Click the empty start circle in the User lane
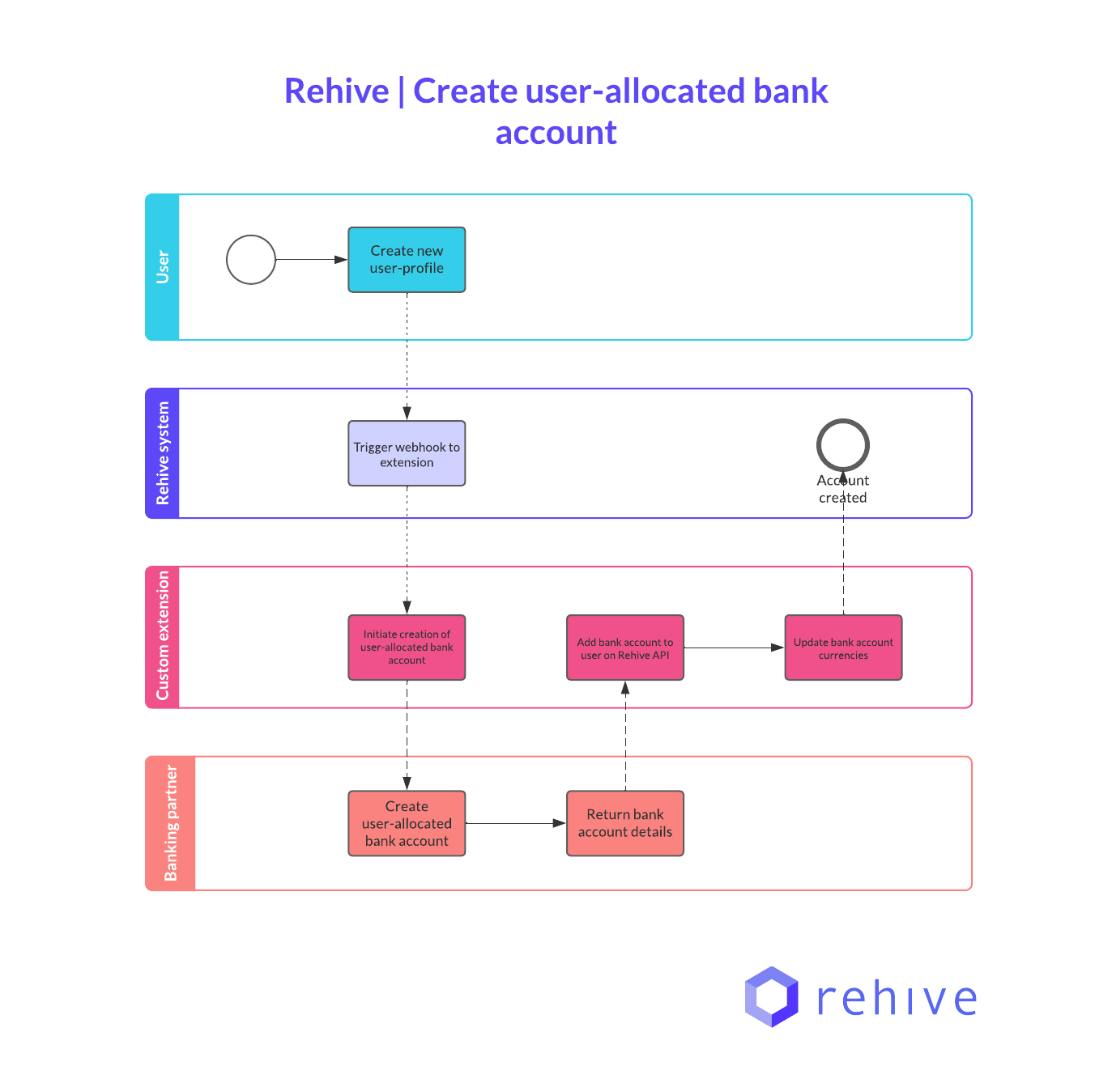pyautogui.click(x=251, y=260)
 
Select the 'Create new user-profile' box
pyautogui.click(x=407, y=260)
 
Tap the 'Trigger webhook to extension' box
pyautogui.click(x=407, y=453)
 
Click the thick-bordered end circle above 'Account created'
pyautogui.click(x=842, y=445)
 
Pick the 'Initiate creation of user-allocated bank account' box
pyautogui.click(x=407, y=648)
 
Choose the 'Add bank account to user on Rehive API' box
pyautogui.click(x=624, y=648)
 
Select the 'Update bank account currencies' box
pyautogui.click(x=842, y=648)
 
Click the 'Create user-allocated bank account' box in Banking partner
pyautogui.click(x=407, y=823)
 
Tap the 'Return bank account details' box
pyautogui.click(x=624, y=823)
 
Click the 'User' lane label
pyautogui.click(x=163, y=267)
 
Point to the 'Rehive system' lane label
pyautogui.click(x=163, y=453)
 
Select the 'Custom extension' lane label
pyautogui.click(x=163, y=636)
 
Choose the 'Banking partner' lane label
pyautogui.click(x=171, y=823)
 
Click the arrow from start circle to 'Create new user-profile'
pyautogui.click(x=312, y=260)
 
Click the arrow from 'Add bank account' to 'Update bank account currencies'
pyautogui.click(x=733, y=648)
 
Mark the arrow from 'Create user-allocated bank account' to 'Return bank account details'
pyautogui.click(x=515, y=823)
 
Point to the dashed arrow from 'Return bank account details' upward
pyautogui.click(x=624, y=737)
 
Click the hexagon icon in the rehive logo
pyautogui.click(x=771, y=996)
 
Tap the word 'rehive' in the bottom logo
pyautogui.click(x=897, y=998)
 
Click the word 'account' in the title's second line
pyautogui.click(x=556, y=133)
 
